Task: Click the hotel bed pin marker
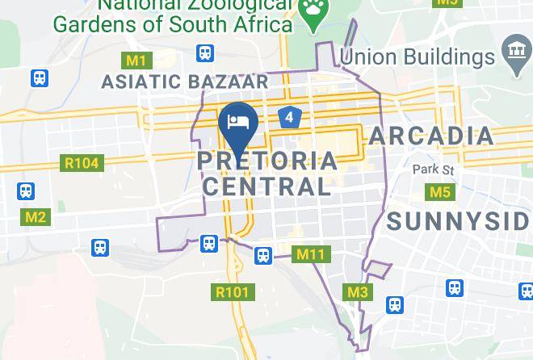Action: click(x=238, y=123)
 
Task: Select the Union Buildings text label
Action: click(x=417, y=57)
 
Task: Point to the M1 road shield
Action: click(x=136, y=61)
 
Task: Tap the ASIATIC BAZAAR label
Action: click(x=185, y=82)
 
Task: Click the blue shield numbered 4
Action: click(x=290, y=118)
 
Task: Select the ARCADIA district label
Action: click(x=431, y=136)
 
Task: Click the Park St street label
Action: click(x=434, y=170)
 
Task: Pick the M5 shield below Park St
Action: click(x=439, y=192)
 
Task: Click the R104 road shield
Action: click(x=81, y=163)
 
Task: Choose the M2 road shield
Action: click(x=36, y=217)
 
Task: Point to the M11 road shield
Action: click(x=310, y=255)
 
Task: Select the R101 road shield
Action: click(x=233, y=292)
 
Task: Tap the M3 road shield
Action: click(x=357, y=292)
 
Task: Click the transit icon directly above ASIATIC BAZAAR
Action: click(x=205, y=54)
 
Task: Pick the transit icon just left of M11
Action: click(x=263, y=256)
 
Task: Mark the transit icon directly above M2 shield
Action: click(x=26, y=192)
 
